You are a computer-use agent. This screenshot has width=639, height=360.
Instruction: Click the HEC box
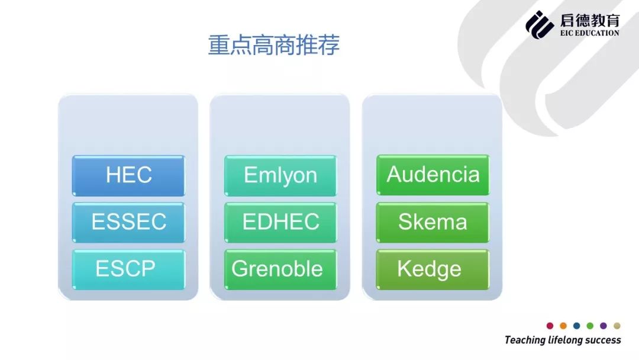pos(128,175)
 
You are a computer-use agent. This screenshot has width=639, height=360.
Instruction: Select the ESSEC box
pos(128,222)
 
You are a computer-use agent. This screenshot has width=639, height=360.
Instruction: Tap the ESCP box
pos(128,269)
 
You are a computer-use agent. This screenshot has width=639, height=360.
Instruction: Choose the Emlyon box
pos(280,175)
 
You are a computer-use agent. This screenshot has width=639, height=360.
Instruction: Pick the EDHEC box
pos(280,222)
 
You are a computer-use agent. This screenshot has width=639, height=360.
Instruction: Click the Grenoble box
pos(280,269)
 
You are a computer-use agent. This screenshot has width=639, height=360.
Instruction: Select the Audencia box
pos(433,175)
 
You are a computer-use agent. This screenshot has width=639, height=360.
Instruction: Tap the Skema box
pos(433,222)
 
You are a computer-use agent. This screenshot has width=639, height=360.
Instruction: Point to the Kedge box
pos(433,269)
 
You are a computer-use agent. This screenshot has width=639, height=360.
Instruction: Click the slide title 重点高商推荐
pos(274,45)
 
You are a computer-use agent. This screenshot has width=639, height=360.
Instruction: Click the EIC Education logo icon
pos(540,24)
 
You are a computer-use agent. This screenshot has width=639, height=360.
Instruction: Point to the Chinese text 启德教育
pos(590,20)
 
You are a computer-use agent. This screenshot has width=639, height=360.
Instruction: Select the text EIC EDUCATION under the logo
pos(590,33)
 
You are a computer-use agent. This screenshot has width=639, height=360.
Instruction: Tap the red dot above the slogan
pos(550,326)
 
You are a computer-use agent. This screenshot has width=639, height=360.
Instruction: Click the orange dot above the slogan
pos(563,326)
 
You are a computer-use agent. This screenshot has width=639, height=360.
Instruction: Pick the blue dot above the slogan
pos(577,326)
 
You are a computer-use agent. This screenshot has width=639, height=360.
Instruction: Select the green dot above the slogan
pos(590,326)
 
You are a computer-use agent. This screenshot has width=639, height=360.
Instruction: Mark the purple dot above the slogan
pos(603,326)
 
